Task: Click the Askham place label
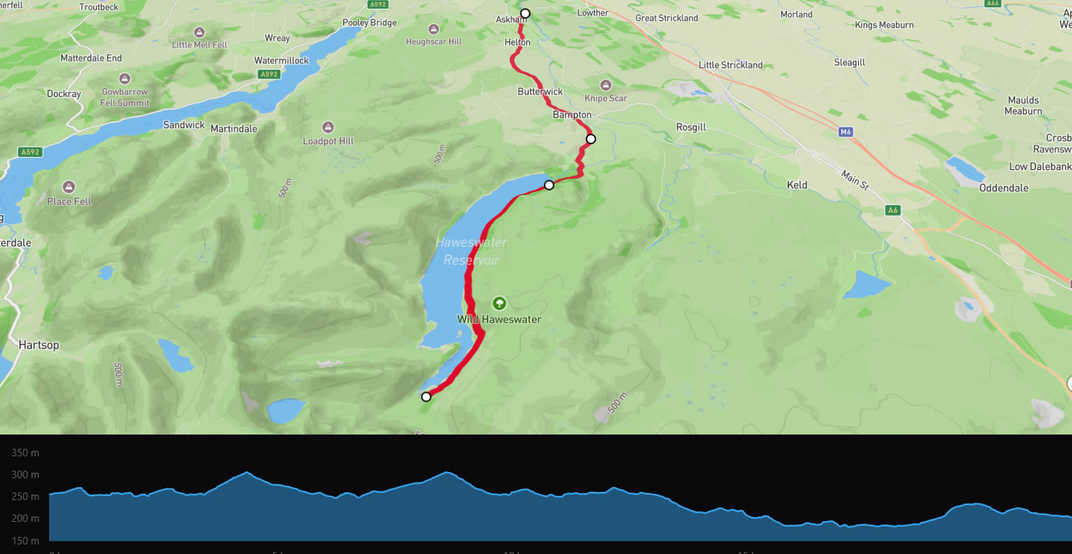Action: pos(510,20)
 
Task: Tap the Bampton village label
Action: pos(572,115)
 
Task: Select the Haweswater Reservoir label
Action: pos(471,251)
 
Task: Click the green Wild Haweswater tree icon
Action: pos(499,303)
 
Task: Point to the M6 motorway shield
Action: pos(845,132)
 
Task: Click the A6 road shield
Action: pos(892,210)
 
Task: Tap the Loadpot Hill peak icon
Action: pos(328,127)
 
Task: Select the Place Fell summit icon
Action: pos(68,186)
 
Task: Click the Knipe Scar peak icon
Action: pos(605,85)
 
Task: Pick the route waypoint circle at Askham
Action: pos(525,14)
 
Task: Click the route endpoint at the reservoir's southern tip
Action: pos(426,397)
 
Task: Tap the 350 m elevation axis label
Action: pos(25,453)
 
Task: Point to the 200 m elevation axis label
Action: pos(25,518)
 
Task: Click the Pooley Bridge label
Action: pos(369,23)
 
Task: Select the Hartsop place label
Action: pos(39,345)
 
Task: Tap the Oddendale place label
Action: pos(1004,188)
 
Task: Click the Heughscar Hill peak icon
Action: pos(433,29)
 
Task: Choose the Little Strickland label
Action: pos(731,65)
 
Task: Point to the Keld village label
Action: pos(797,185)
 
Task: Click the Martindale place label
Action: pos(234,128)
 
